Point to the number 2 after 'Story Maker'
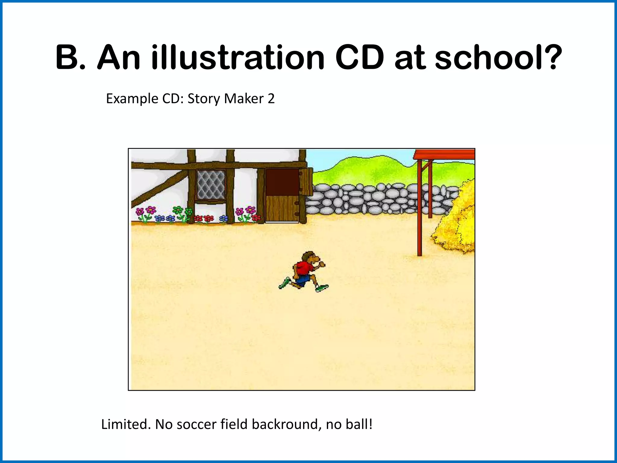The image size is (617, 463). click(x=271, y=99)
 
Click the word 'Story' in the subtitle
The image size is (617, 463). click(x=204, y=99)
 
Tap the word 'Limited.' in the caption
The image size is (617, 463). click(x=126, y=424)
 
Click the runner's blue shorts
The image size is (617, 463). click(x=302, y=280)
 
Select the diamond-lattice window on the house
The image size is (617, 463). click(x=211, y=185)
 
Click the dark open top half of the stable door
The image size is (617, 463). click(x=282, y=182)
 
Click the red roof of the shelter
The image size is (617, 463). click(x=444, y=154)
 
